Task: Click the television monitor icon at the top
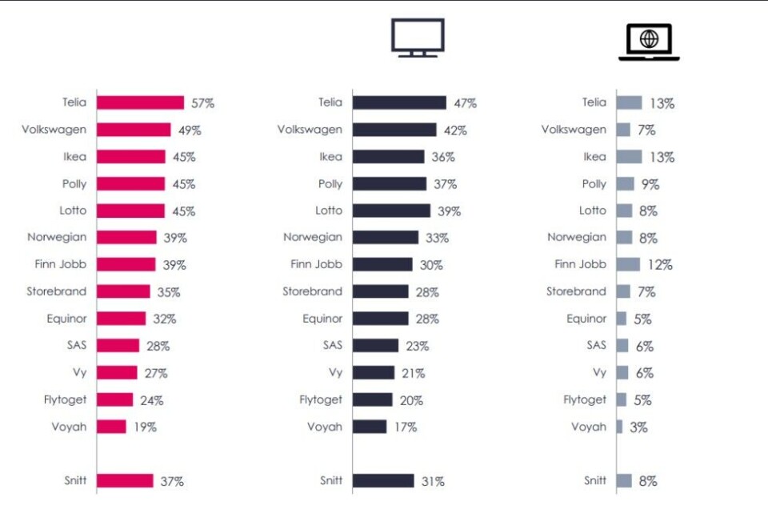pos(417,37)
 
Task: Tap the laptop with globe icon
pos(649,42)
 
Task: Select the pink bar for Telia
pos(141,102)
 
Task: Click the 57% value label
pos(202,103)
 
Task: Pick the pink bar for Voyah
pos(112,427)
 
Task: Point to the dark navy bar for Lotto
pos(391,211)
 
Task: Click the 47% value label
pos(465,103)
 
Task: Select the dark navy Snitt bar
pos(383,480)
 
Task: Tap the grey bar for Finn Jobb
pos(629,264)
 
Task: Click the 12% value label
pos(660,265)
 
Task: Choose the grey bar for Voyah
pos(620,427)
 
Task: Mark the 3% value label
pos(638,428)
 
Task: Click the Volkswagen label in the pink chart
pos(54,130)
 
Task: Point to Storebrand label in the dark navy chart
pos(312,291)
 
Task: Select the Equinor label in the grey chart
pos(586,319)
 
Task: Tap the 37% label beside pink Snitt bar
pos(172,481)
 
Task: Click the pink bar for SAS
pos(118,346)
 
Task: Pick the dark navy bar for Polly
pos(390,184)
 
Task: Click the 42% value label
pos(455,130)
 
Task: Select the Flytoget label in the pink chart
pos(65,400)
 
